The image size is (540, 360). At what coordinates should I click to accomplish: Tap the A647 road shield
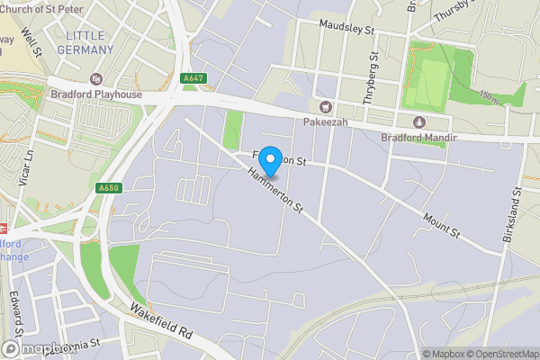point(193,78)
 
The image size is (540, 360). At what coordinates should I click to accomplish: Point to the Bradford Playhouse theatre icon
point(96,80)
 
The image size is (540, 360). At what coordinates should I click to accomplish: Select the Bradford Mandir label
point(419,138)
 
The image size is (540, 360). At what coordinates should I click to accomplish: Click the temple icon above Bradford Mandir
point(418,122)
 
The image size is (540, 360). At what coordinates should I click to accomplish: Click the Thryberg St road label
point(371,80)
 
